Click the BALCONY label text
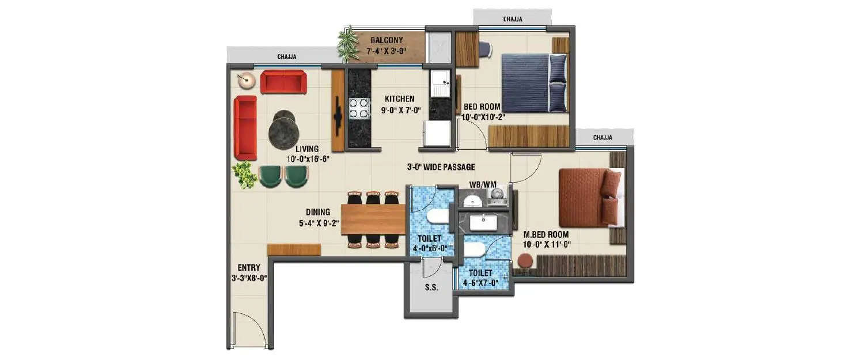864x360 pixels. [x=386, y=40]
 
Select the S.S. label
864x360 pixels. [x=431, y=287]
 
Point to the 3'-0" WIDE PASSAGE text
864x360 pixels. [x=441, y=167]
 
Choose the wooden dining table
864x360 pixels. [x=373, y=219]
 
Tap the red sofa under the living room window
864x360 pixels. [x=283, y=82]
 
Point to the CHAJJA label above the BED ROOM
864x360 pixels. [x=513, y=19]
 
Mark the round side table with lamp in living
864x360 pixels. [x=247, y=80]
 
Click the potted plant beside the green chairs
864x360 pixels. [x=245, y=174]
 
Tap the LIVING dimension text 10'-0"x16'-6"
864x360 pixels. [x=306, y=159]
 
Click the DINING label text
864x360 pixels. [x=318, y=212]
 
